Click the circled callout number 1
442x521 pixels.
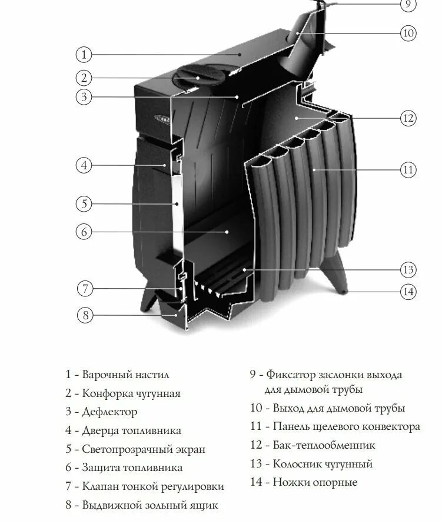coord(84,55)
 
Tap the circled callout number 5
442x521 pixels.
coord(84,204)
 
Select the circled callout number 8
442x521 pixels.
coord(85,315)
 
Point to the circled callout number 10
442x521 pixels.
coord(408,32)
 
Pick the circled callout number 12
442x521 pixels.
coord(408,118)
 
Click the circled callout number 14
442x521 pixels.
coord(408,290)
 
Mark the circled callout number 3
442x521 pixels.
coord(84,97)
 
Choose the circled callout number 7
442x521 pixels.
coord(85,289)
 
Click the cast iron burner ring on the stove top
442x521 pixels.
coord(195,77)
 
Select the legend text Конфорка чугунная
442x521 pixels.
coord(131,393)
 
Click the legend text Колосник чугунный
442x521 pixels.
coord(323,463)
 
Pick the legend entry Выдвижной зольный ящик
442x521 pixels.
coord(149,505)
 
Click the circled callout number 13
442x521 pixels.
coord(408,270)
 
